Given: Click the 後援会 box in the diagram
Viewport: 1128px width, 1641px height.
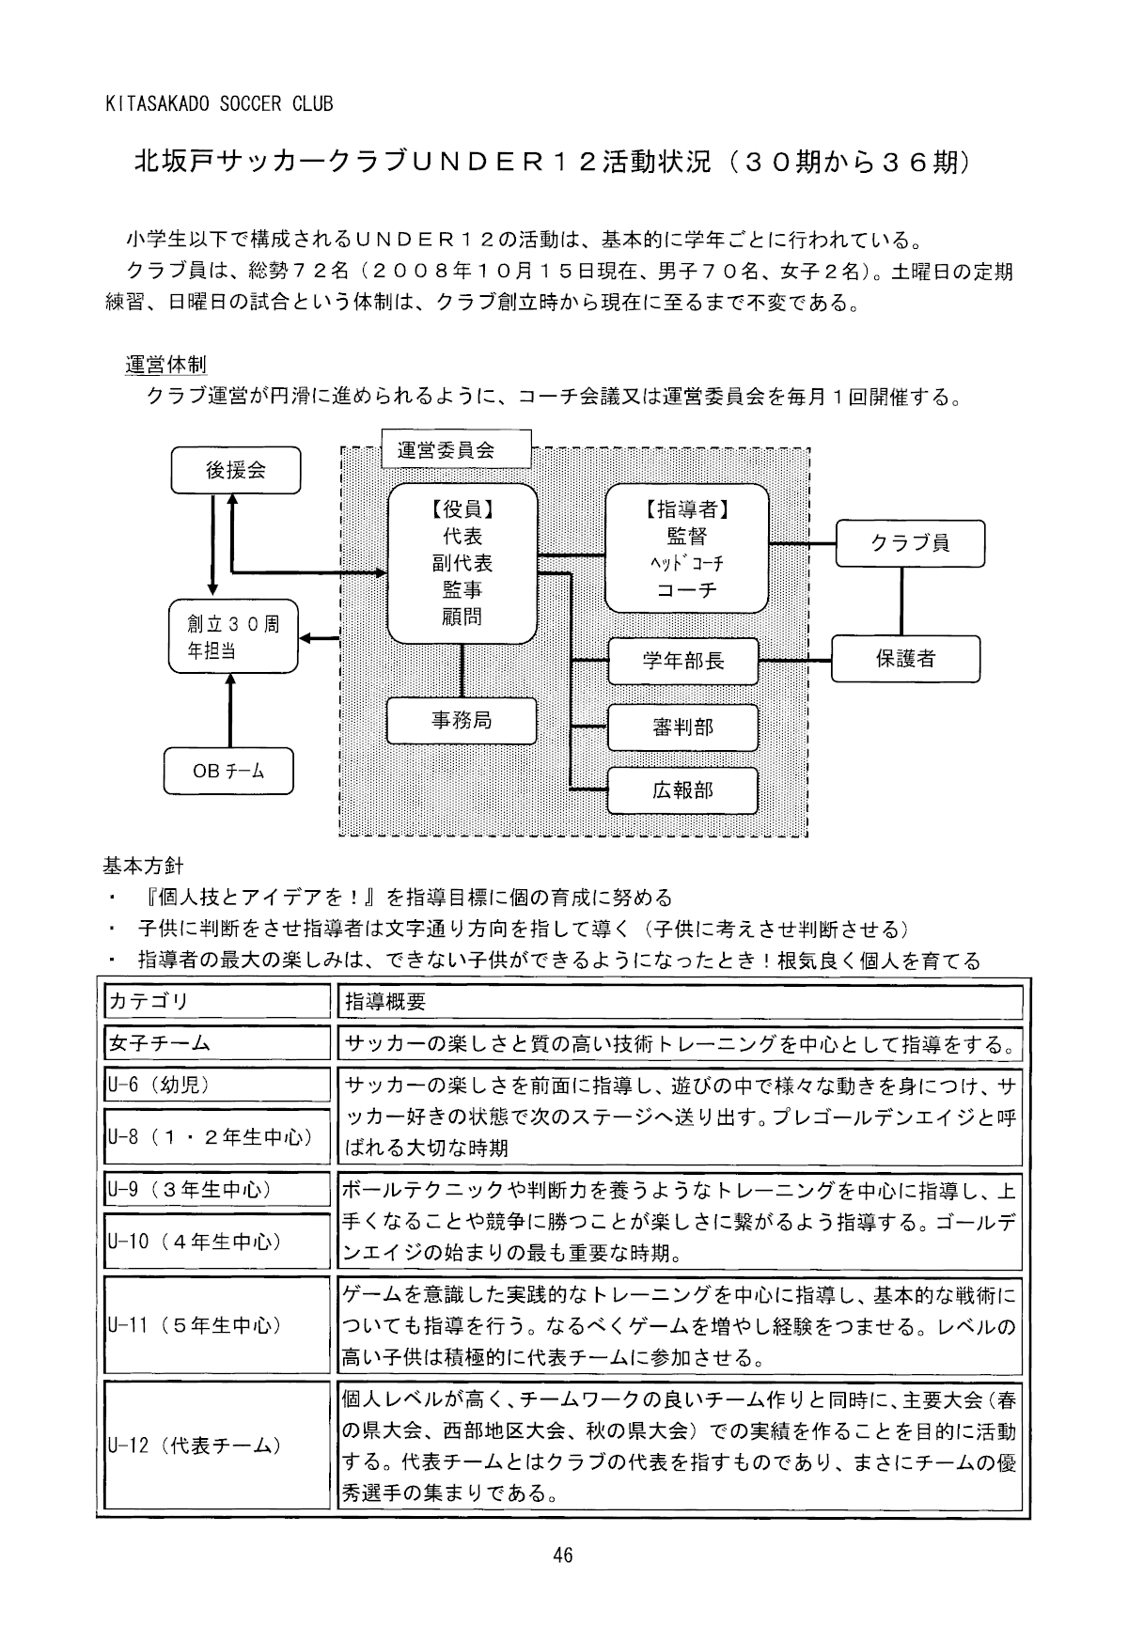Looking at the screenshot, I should [235, 471].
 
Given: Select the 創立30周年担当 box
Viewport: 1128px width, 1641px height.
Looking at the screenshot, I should [233, 637].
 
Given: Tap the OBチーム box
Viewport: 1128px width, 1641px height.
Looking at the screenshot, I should [228, 772].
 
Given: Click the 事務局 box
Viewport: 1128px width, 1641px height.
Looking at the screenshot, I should [462, 721].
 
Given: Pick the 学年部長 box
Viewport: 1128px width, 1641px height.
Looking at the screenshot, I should [683, 661].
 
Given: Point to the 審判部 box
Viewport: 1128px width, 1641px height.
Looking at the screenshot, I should [683, 727].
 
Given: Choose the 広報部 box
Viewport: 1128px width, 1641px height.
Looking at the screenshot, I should [683, 790].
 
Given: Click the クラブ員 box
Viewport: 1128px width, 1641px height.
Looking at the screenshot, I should [910, 543].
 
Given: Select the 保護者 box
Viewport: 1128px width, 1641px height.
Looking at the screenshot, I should [905, 659].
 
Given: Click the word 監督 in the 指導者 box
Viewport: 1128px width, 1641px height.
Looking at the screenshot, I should [687, 537].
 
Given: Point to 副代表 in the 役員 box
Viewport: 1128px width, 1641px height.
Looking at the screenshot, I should [462, 563].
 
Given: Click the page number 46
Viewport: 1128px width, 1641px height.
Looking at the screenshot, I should [563, 1555].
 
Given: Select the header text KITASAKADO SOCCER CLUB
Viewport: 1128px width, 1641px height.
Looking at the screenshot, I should [218, 104].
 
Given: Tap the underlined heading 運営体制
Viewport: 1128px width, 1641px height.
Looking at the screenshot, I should [165, 365].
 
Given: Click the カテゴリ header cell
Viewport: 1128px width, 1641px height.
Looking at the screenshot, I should [217, 1002].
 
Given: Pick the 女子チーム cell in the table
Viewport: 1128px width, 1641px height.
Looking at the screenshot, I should [217, 1043].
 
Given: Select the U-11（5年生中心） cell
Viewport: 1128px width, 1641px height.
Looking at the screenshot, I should [217, 1326].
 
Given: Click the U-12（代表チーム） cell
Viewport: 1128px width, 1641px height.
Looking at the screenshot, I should [217, 1446].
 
